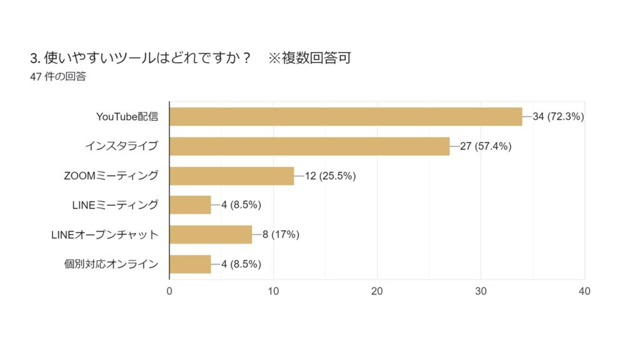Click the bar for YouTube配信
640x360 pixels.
pos(346,117)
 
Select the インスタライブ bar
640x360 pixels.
pos(309,146)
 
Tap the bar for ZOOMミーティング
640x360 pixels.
pos(232,176)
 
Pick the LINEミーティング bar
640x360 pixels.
pos(190,205)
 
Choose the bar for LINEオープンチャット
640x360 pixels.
pos(211,234)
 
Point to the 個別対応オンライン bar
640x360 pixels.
pos(190,264)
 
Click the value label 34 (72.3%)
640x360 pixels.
pos(558,117)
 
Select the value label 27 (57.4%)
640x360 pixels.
pos(486,146)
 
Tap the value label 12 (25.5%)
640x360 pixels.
pos(330,176)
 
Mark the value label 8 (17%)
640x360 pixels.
pos(281,234)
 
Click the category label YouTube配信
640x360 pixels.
pos(127,117)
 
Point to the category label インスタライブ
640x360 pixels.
pos(121,146)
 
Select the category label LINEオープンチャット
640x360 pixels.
pos(104,234)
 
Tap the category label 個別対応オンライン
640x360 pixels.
pos(111,264)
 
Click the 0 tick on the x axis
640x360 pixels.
pos(169,291)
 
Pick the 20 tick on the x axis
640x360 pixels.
pos(377,291)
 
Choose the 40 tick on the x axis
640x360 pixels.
pos(584,291)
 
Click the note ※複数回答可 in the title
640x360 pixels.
pos(309,58)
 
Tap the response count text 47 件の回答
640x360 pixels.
pos(58,77)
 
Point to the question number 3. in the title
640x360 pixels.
pos(35,58)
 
